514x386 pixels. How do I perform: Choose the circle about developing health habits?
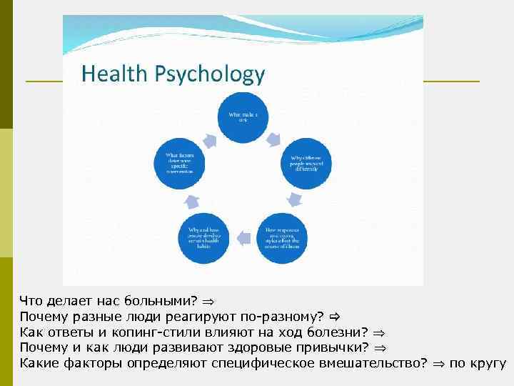point(203,237)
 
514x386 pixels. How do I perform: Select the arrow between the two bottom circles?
point(243,234)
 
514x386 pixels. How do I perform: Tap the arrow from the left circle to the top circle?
point(208,136)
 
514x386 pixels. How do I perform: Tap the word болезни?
point(340,332)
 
